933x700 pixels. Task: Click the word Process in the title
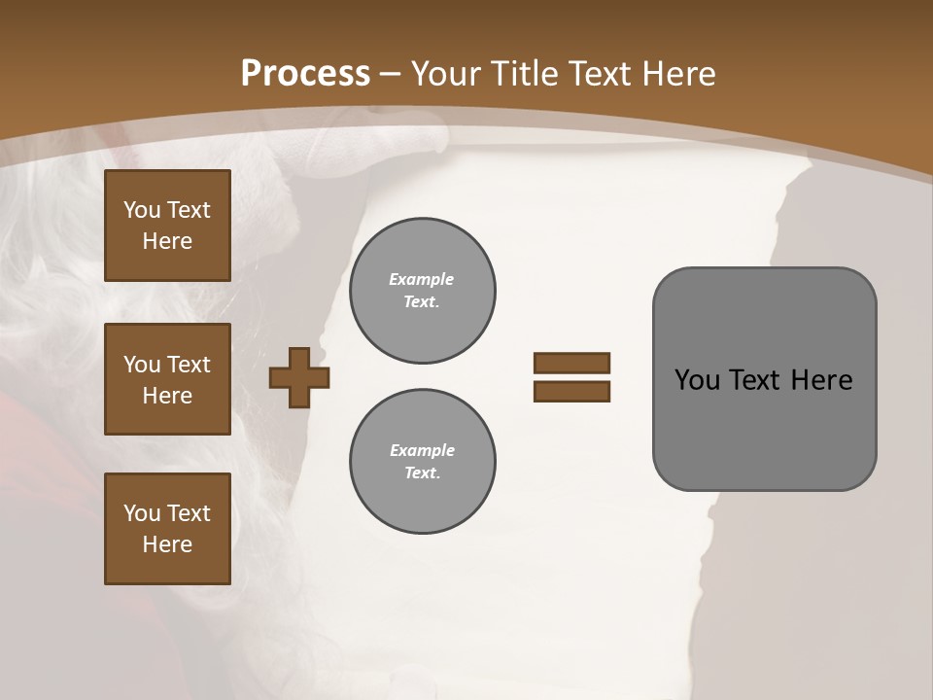[305, 74]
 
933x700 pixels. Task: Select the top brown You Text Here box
[167, 226]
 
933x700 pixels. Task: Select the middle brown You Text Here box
[167, 379]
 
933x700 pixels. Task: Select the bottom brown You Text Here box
[167, 529]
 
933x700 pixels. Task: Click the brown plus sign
[299, 378]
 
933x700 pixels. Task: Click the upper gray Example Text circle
[422, 291]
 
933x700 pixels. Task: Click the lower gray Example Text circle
[422, 462]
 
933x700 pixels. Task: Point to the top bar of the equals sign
[571, 364]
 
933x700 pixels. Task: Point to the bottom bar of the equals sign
[571, 392]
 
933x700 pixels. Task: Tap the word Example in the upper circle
[422, 279]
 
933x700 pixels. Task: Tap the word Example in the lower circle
[422, 450]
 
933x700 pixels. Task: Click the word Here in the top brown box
[167, 241]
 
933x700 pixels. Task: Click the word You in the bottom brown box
[142, 513]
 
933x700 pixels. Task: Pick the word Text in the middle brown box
[189, 365]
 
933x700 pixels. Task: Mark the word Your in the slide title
[449, 74]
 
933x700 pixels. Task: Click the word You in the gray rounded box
[697, 380]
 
